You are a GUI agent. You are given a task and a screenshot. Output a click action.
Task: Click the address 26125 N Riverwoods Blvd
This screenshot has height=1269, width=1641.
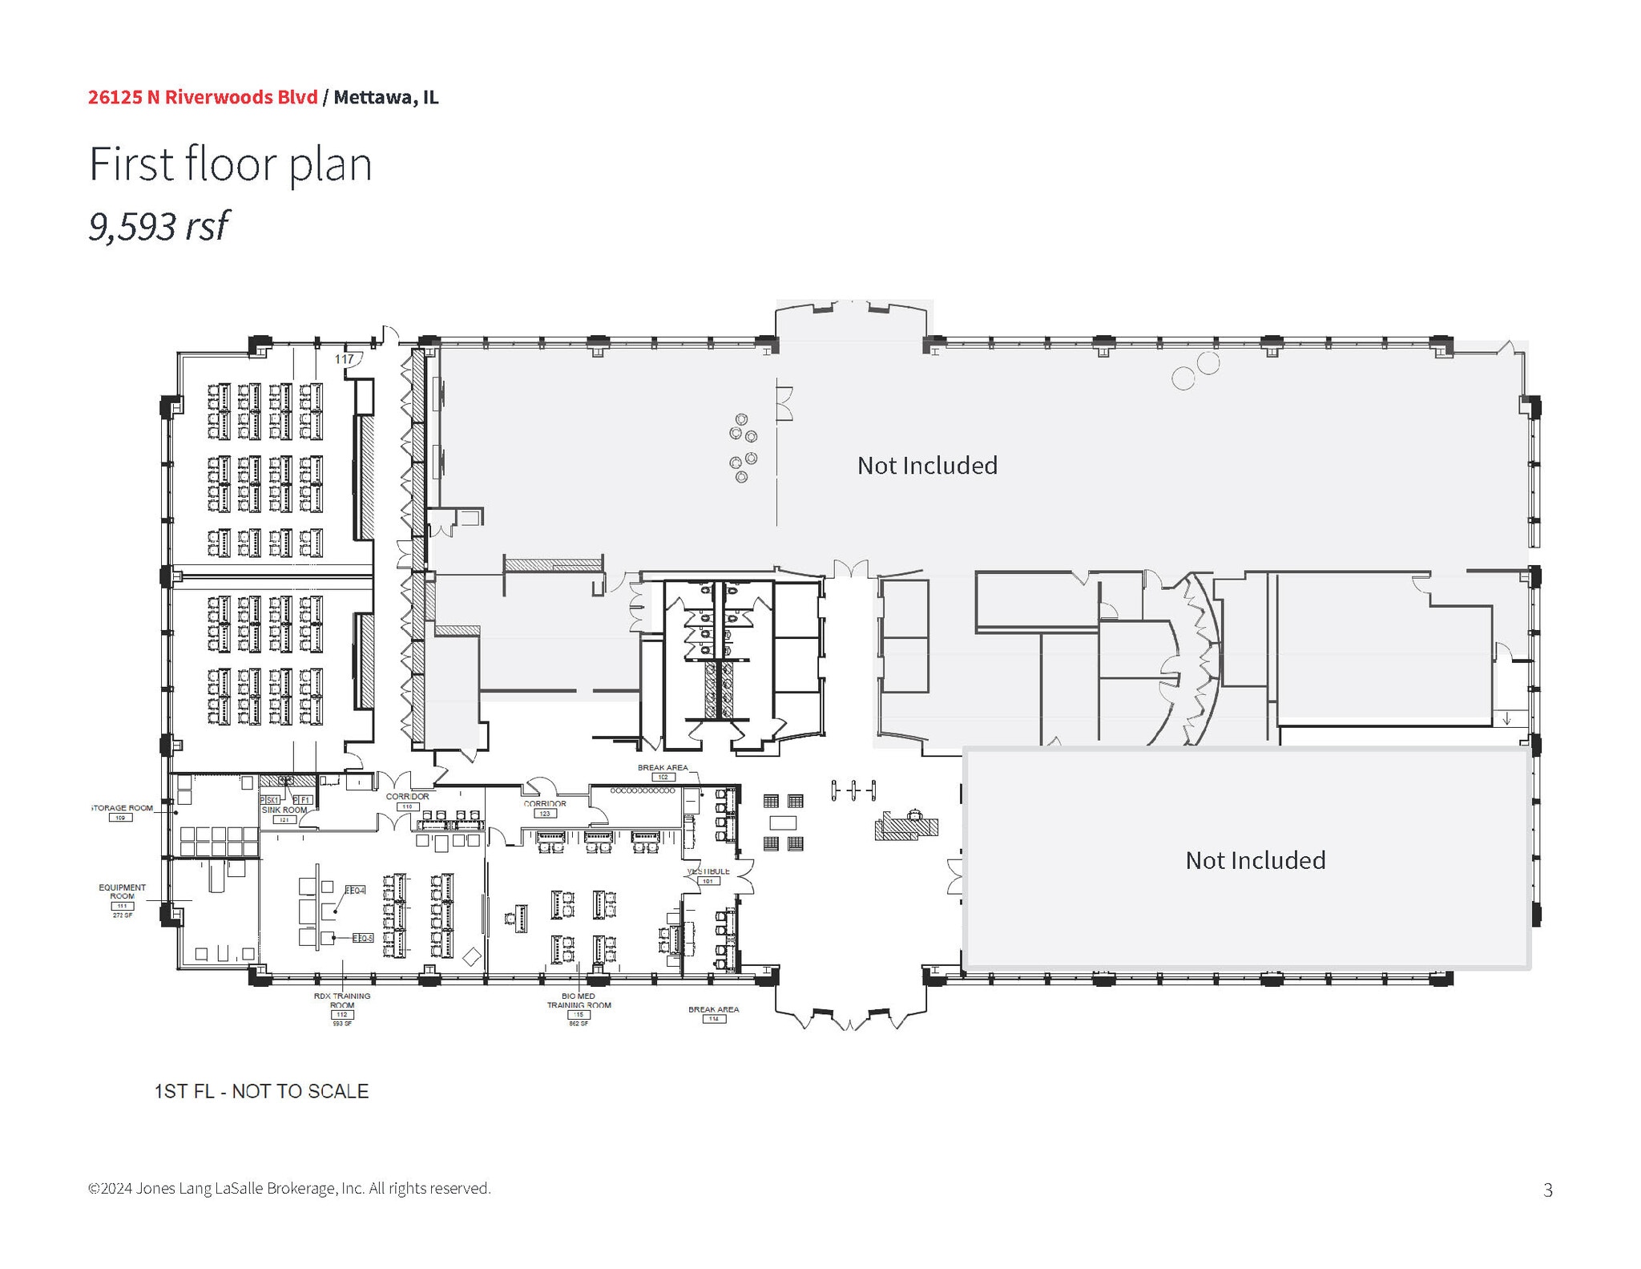203,97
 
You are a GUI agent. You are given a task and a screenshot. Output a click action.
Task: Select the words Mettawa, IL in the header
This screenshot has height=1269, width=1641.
385,97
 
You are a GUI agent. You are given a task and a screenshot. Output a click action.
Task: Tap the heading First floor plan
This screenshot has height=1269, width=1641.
230,164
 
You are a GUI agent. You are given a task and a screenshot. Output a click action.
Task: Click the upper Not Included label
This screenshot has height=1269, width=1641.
927,466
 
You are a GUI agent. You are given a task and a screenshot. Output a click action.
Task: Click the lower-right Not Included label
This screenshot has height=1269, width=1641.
1255,860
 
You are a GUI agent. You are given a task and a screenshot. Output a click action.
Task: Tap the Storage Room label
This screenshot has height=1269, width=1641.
122,808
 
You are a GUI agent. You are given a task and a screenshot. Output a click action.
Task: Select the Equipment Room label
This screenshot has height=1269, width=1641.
122,891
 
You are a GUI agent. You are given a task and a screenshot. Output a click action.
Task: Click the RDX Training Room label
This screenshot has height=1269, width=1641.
342,1000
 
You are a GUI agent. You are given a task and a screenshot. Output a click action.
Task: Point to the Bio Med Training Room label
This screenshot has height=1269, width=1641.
579,1000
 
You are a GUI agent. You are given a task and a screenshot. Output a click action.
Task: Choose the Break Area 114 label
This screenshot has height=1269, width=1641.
713,1010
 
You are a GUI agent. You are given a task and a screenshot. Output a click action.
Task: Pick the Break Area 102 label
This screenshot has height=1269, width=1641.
662,768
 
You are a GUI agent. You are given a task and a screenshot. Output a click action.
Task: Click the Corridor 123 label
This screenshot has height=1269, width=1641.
545,803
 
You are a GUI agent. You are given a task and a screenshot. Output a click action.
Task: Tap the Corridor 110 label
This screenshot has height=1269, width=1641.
407,797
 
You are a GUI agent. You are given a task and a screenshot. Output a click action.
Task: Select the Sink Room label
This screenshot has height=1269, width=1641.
284,810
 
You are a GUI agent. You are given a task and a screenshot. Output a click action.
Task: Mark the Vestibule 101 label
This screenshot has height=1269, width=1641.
708,871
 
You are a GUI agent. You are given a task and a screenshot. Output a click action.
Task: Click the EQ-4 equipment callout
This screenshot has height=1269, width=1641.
355,891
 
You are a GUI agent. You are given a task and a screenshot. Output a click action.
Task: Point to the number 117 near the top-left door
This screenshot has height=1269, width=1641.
344,359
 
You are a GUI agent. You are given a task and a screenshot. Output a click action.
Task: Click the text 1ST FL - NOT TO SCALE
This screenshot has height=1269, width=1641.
261,1091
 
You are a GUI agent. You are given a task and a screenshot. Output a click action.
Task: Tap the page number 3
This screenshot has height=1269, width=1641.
1547,1190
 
